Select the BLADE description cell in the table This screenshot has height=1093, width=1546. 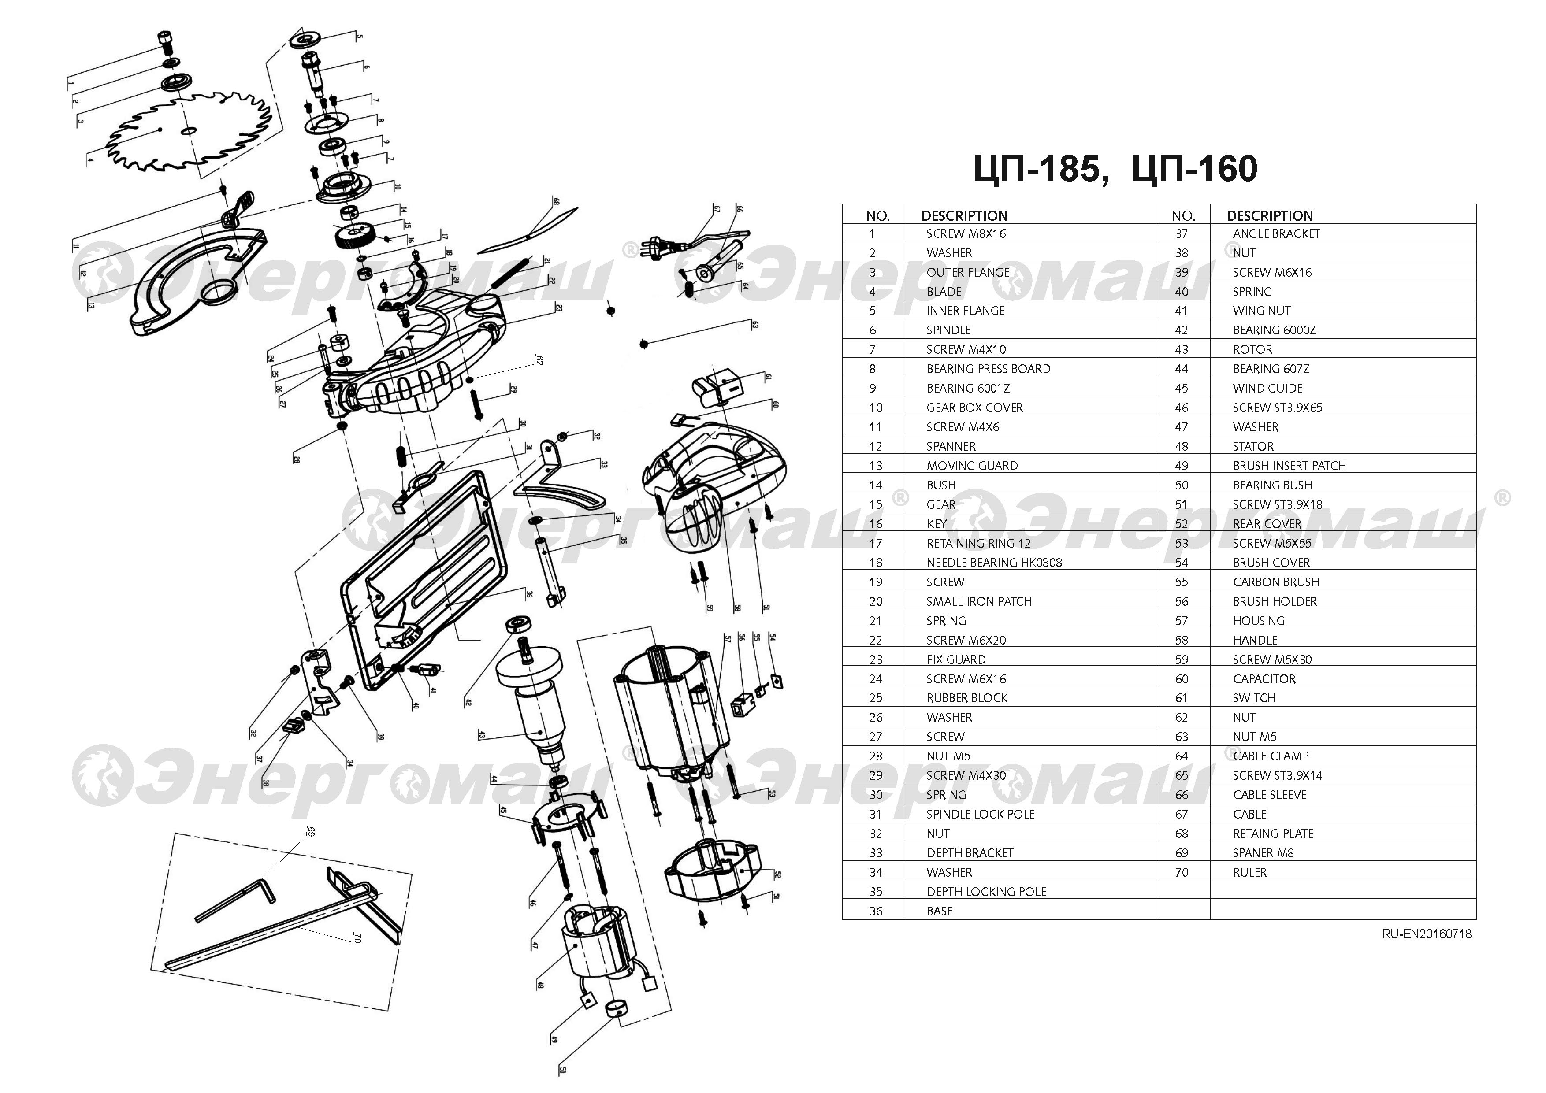pos(944,291)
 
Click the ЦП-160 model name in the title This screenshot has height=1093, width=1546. pos(1194,168)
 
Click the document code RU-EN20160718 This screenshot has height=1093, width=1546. pos(1426,934)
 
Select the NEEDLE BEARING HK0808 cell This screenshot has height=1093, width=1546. pos(993,562)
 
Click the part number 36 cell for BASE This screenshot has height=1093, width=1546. pos(875,911)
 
